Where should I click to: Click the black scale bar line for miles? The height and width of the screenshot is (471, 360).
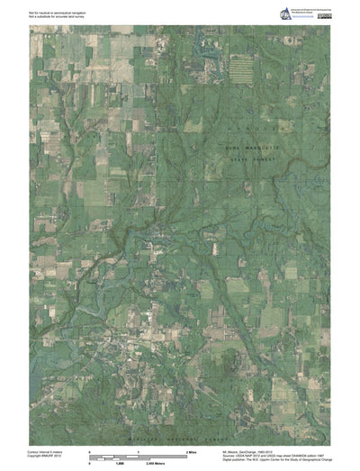[136, 456]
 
